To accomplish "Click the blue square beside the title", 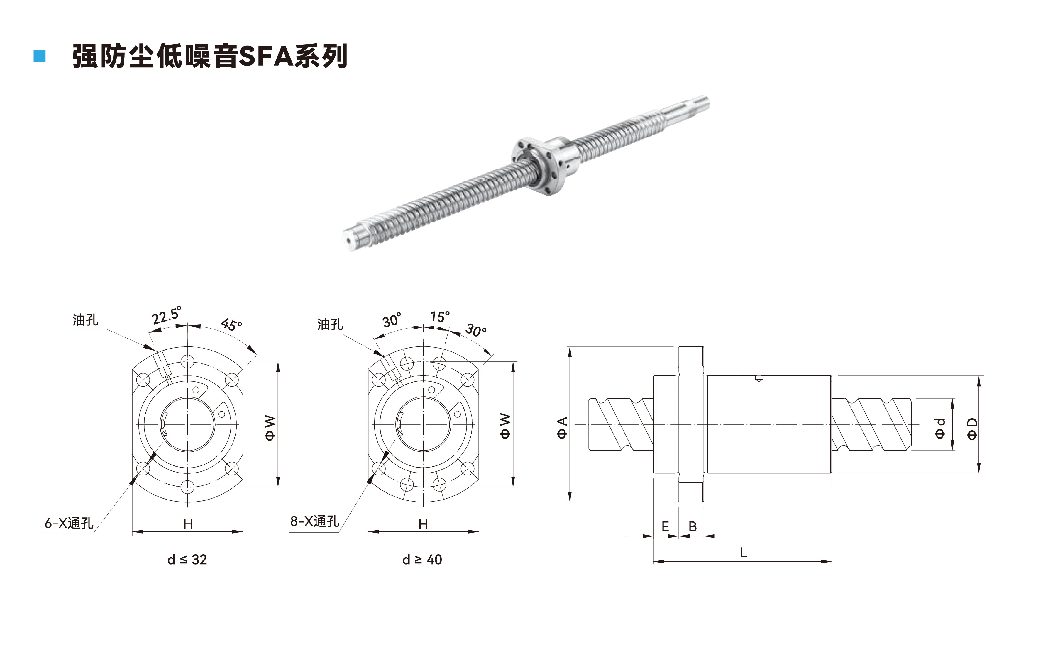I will coord(40,56).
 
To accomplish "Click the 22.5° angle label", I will coord(167,315).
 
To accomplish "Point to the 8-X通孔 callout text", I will coord(315,521).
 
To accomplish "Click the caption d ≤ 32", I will coord(187,560).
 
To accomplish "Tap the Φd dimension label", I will coord(940,428).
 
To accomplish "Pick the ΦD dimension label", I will coord(972,428).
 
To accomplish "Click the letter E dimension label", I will coord(665,527).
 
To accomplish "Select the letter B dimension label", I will coord(692,527).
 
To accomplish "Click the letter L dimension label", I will coord(743,553).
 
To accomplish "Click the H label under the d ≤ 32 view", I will coord(188,524).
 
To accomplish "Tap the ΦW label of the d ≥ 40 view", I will coord(505,426).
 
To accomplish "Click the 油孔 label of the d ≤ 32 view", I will coord(85,320).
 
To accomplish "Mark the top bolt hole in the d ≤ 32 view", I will coord(188,362).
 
